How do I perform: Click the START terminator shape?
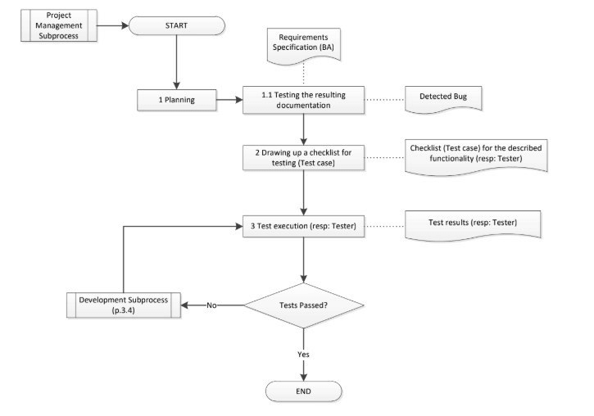pyautogui.click(x=176, y=25)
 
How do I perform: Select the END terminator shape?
pyautogui.click(x=304, y=391)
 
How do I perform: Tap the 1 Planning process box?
pyautogui.click(x=176, y=101)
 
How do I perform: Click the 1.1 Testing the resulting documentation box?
pyautogui.click(x=303, y=101)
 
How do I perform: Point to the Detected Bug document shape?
pyautogui.click(x=443, y=97)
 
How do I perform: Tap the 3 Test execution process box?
pyautogui.click(x=303, y=225)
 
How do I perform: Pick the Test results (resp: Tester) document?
pyautogui.click(x=473, y=223)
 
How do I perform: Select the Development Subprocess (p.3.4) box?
pyautogui.click(x=123, y=305)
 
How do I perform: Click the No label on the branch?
pyautogui.click(x=211, y=305)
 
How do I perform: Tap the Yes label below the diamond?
pyautogui.click(x=304, y=354)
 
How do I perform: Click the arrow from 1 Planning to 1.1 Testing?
pyautogui.click(x=229, y=101)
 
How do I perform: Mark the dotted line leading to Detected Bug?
pyautogui.click(x=384, y=101)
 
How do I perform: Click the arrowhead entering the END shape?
pyautogui.click(x=304, y=377)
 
